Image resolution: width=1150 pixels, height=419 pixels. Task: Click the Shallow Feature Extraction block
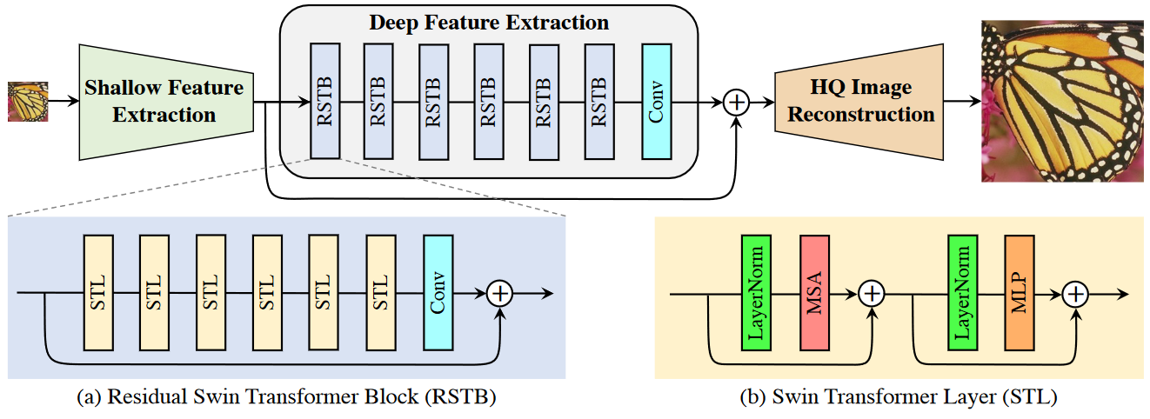(164, 102)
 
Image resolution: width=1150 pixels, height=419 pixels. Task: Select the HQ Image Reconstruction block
(860, 102)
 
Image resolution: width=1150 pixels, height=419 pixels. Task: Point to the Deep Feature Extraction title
(489, 22)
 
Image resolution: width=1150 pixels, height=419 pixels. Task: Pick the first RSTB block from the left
(325, 102)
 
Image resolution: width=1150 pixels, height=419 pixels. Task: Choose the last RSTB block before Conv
(599, 102)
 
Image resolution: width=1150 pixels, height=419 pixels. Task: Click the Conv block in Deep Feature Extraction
(656, 102)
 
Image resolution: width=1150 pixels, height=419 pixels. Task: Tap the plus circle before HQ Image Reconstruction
(737, 102)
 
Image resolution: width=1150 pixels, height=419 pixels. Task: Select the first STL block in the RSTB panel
(97, 292)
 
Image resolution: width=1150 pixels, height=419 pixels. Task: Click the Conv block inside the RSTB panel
(438, 292)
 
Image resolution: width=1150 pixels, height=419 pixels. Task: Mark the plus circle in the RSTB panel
(500, 293)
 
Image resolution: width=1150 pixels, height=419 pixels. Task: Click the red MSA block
(816, 293)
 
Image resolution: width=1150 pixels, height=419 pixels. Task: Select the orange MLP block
(1019, 293)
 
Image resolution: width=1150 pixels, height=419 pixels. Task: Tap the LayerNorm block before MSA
(756, 293)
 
